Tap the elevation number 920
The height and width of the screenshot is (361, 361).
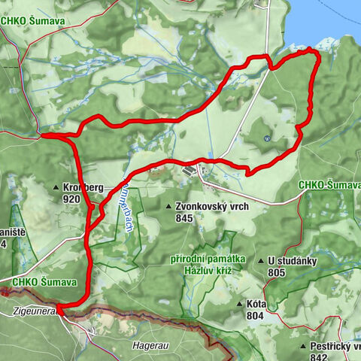coord(72,199)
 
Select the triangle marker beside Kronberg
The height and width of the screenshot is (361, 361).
coord(56,187)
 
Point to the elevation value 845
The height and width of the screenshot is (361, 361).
coord(185,218)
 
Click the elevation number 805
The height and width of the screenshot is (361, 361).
coord(276,273)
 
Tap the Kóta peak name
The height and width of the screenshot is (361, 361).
coord(257,305)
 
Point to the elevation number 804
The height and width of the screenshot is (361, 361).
coord(254,316)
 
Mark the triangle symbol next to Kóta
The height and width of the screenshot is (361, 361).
coord(239,305)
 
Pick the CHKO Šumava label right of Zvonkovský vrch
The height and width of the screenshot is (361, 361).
coord(329,185)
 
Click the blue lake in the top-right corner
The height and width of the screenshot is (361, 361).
coord(331,19)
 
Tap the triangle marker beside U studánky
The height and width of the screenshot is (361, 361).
coord(260,262)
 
